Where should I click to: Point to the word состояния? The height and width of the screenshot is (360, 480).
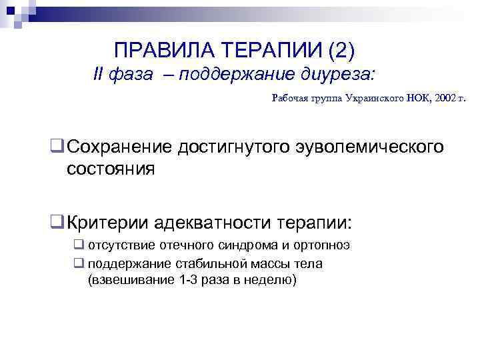coord(111,169)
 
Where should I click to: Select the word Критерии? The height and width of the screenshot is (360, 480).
coord(107,221)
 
